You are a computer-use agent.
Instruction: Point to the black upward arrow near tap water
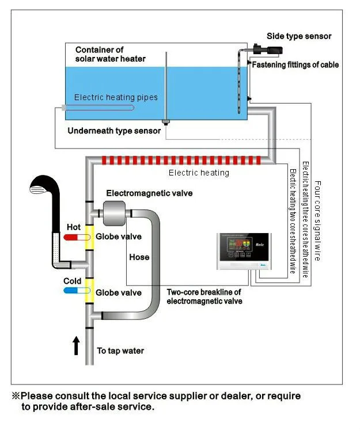coord(76,346)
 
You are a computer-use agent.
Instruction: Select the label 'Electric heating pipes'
coord(116,97)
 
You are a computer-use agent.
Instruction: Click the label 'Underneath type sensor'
coord(114,131)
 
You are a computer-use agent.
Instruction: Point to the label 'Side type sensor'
coord(299,36)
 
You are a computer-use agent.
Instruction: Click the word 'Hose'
coord(139,257)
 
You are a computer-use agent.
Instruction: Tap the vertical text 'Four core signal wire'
coord(317,221)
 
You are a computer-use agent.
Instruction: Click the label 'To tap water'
coord(120,350)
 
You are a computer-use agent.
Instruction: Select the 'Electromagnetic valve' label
coord(149,193)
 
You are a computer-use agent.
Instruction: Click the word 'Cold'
coord(73,281)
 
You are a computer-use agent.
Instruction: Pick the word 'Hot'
coord(74,227)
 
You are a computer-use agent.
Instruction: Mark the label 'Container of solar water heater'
coord(110,54)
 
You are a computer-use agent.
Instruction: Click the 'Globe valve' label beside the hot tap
coord(119,237)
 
